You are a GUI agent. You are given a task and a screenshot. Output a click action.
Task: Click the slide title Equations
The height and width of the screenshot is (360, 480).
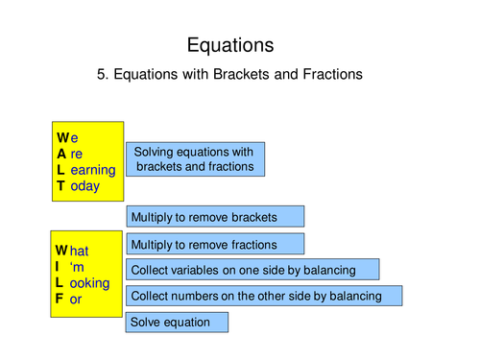[x=230, y=44]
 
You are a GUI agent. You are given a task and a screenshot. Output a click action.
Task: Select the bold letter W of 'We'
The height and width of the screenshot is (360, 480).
[x=63, y=137]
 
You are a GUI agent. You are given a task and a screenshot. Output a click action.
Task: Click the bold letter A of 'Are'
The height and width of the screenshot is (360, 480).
[x=61, y=154]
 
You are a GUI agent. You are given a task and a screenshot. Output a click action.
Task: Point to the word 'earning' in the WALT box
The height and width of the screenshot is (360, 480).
[x=93, y=170]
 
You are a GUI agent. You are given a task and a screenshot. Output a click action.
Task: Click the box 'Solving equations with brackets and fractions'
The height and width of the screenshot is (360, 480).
[x=195, y=159]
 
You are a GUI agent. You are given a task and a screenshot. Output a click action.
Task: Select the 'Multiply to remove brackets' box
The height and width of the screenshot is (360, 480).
[x=215, y=216]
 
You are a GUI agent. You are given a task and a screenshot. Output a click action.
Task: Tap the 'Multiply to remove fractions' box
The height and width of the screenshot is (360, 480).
[x=215, y=245]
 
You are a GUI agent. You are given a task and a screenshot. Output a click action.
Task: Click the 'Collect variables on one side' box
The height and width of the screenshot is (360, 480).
[x=252, y=270]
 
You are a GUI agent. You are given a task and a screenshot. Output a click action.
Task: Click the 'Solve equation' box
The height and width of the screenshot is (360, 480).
[x=177, y=322]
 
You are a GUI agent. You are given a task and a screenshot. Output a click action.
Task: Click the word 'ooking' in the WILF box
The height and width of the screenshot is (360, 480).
[x=89, y=283]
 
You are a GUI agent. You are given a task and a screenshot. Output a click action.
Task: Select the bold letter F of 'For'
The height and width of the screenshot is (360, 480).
[x=60, y=300]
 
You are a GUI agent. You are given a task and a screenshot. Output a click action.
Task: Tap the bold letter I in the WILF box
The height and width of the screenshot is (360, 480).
[x=59, y=267]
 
